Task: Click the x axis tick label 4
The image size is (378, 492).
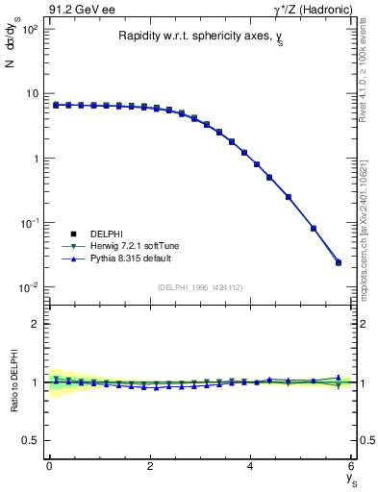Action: (x=251, y=467)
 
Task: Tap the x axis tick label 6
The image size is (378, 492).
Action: (x=352, y=467)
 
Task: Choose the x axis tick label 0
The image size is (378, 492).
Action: (x=49, y=467)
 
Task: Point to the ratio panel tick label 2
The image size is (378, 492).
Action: (x=36, y=324)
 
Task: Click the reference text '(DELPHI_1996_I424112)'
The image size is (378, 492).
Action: (x=199, y=286)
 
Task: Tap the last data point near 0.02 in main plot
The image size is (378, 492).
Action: (x=338, y=262)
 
